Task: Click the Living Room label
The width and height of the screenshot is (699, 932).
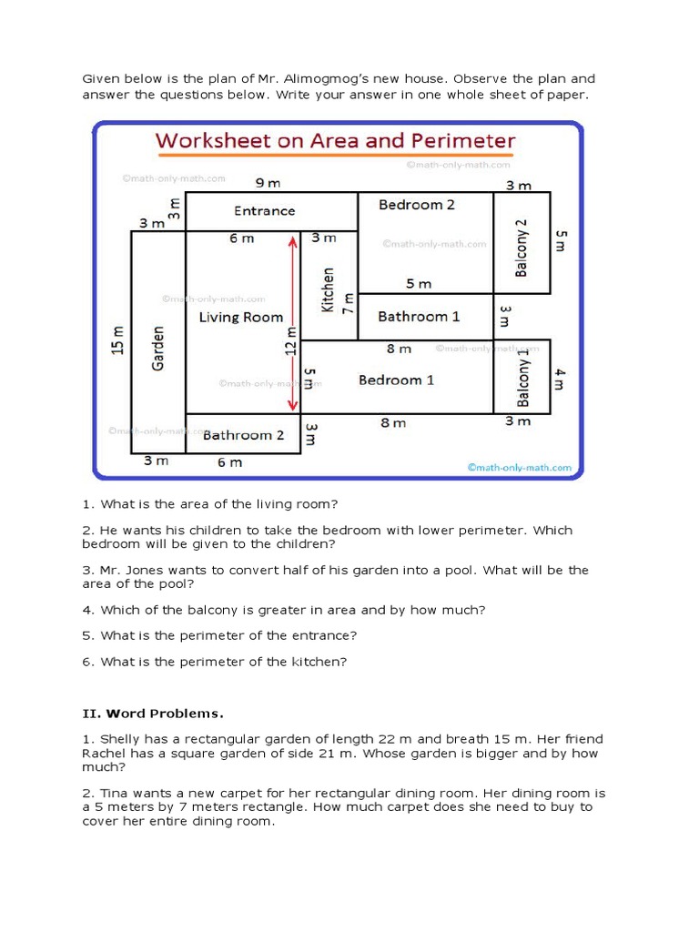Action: coord(240,317)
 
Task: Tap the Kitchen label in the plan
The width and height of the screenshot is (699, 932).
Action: coord(328,289)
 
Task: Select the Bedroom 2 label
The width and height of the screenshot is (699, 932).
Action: coord(417,205)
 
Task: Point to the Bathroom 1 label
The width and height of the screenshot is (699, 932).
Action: coord(419,316)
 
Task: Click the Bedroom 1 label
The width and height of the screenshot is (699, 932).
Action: coord(397,380)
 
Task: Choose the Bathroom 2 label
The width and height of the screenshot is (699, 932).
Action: coord(244,435)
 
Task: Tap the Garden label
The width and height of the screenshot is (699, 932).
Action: coord(157,349)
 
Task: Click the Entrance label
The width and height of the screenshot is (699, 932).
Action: coord(265,211)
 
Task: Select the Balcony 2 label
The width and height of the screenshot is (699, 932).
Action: coord(521,248)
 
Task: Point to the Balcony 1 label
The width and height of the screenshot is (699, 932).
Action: coord(522,378)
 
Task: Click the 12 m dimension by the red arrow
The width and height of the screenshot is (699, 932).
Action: coord(290,340)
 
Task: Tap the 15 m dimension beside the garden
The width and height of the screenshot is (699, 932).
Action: coord(117,340)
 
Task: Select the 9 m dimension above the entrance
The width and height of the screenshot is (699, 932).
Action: coord(268,183)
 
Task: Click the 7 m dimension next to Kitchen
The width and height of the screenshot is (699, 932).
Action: coord(349,304)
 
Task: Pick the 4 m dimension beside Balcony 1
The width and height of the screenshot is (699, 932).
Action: coord(560,380)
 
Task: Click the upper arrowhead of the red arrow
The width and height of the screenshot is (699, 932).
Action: coord(292,241)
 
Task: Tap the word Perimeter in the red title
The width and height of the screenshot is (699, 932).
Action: coord(463,141)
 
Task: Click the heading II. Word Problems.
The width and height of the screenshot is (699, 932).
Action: coord(153,714)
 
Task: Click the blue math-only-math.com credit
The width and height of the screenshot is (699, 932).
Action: coord(520,468)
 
